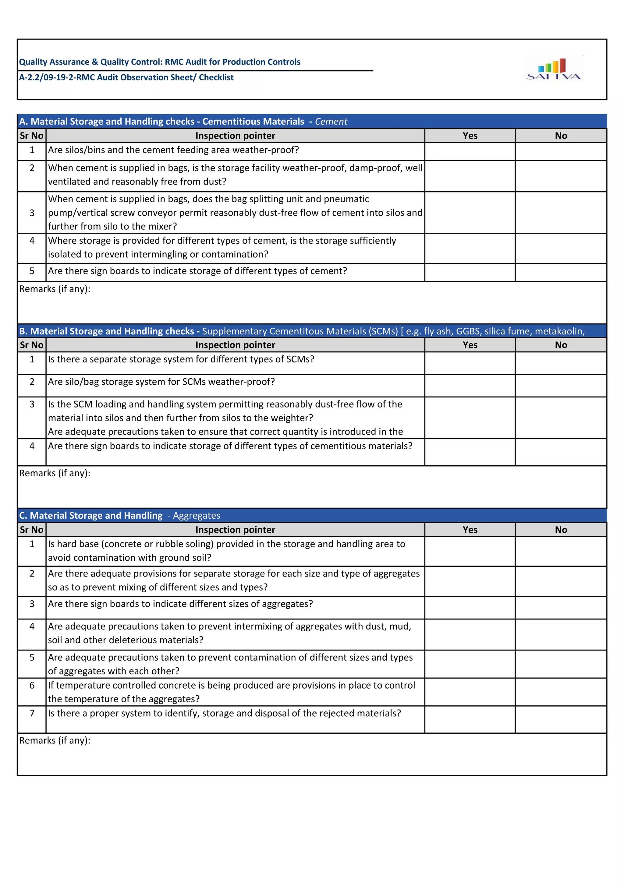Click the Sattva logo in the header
pos(553,69)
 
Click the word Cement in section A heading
pos(331,122)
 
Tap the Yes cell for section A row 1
pos(470,151)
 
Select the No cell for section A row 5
pos(561,272)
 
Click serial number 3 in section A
pos(32,213)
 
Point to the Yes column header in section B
pos(470,345)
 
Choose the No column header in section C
pos(561,530)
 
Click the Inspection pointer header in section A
pos(235,136)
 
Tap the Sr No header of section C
pos(31,530)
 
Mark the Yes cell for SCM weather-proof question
pos(470,386)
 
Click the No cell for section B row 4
pos(561,452)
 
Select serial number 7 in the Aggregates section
pos(32,713)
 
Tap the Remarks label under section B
pos(55,473)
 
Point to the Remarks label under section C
pos(55,740)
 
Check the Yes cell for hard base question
pos(470,551)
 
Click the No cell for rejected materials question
pos(561,719)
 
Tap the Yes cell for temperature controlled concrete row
pos(470,692)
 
